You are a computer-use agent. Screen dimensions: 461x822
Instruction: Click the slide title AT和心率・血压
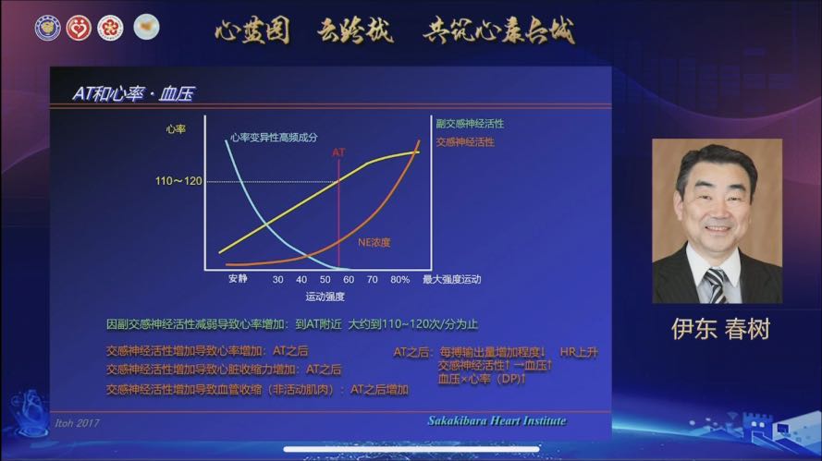[132, 93]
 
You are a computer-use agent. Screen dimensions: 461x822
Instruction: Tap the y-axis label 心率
[176, 129]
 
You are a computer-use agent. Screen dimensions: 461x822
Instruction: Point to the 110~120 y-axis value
[178, 181]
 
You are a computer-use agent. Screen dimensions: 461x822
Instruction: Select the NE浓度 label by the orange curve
[374, 242]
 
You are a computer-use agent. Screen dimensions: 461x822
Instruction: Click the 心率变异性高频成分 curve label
[273, 137]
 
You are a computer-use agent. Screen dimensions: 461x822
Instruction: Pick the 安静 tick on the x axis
[238, 278]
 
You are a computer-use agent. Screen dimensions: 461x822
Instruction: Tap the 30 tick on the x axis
[277, 278]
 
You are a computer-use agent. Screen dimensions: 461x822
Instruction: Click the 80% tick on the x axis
[399, 278]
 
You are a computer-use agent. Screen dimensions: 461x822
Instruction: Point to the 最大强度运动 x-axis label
[451, 278]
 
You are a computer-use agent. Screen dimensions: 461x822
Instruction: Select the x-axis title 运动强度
[325, 297]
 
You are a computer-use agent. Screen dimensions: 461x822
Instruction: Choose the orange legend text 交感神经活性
[464, 142]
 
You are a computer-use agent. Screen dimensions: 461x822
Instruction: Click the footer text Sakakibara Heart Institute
[497, 421]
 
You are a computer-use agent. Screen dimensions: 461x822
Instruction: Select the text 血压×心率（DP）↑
[482, 379]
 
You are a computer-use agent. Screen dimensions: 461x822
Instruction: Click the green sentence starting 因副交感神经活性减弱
[291, 324]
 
